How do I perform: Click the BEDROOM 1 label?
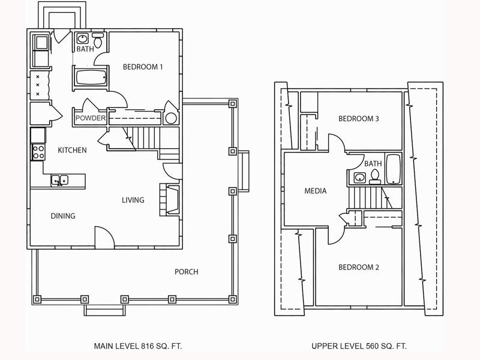[143, 67]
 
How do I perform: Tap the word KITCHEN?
[72, 150]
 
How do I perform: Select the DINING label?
[63, 216]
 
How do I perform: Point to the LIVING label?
[133, 200]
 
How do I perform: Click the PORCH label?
[187, 272]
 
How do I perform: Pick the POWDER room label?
[91, 118]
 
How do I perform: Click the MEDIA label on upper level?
[316, 191]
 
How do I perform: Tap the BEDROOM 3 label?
[358, 118]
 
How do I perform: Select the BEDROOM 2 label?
[358, 267]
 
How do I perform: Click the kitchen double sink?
[59, 180]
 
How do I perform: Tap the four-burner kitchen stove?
[38, 152]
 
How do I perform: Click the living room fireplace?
[169, 200]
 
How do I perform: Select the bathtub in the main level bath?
[91, 77]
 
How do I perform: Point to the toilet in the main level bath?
[98, 40]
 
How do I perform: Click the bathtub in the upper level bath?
[394, 169]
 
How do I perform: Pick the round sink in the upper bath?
[359, 177]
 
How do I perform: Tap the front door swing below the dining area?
[104, 236]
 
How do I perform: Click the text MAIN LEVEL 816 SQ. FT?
[138, 346]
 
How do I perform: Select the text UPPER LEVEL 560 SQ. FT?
[359, 346]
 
